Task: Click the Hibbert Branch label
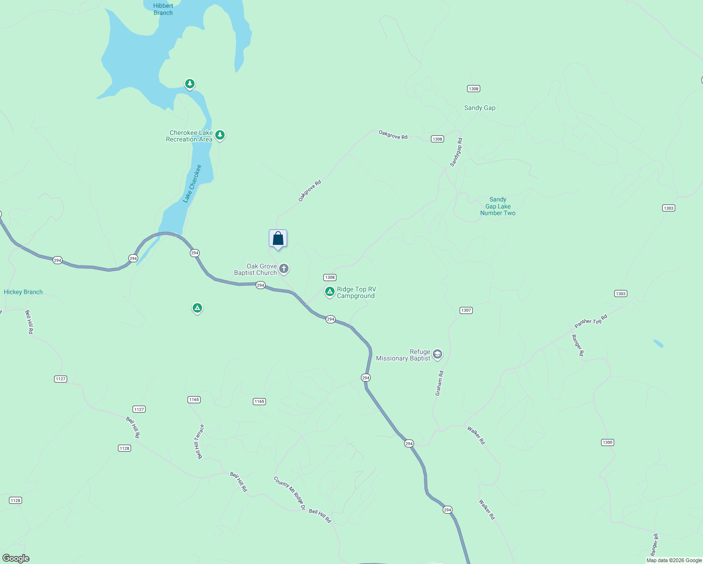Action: (x=163, y=9)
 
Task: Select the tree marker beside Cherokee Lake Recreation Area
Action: (x=219, y=135)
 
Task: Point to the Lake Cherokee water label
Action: (x=192, y=183)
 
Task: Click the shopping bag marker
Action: (x=278, y=239)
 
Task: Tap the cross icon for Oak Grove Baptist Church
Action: (x=284, y=269)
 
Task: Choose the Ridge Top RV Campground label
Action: (x=356, y=292)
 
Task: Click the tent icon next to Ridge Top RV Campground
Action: (x=330, y=292)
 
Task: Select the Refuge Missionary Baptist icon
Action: (x=437, y=354)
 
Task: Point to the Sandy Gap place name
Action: (x=480, y=108)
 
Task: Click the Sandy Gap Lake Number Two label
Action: (x=498, y=206)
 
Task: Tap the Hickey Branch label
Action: (x=23, y=292)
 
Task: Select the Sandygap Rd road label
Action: (x=456, y=152)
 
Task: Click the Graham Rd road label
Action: (x=439, y=383)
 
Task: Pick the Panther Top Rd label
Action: (x=591, y=321)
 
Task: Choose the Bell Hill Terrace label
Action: (x=199, y=441)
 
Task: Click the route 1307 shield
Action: (x=466, y=310)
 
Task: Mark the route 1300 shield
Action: (x=607, y=442)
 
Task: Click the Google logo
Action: (x=16, y=558)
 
